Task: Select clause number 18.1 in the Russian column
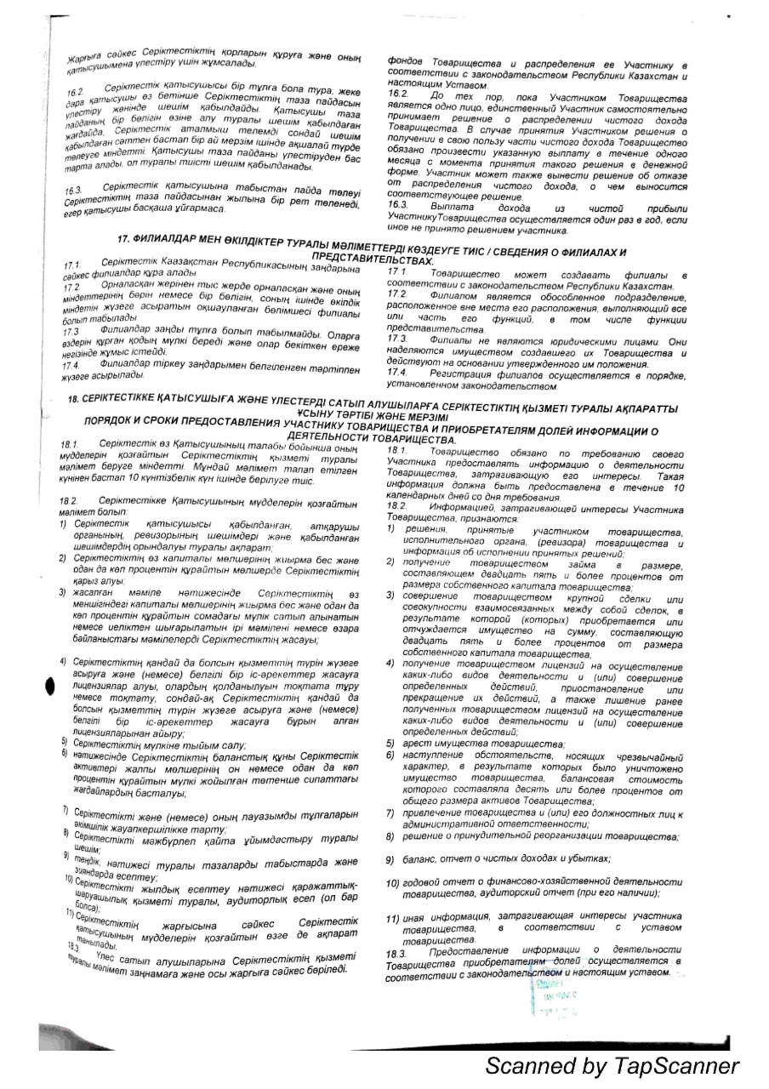(397, 449)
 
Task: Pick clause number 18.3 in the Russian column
(397, 949)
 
